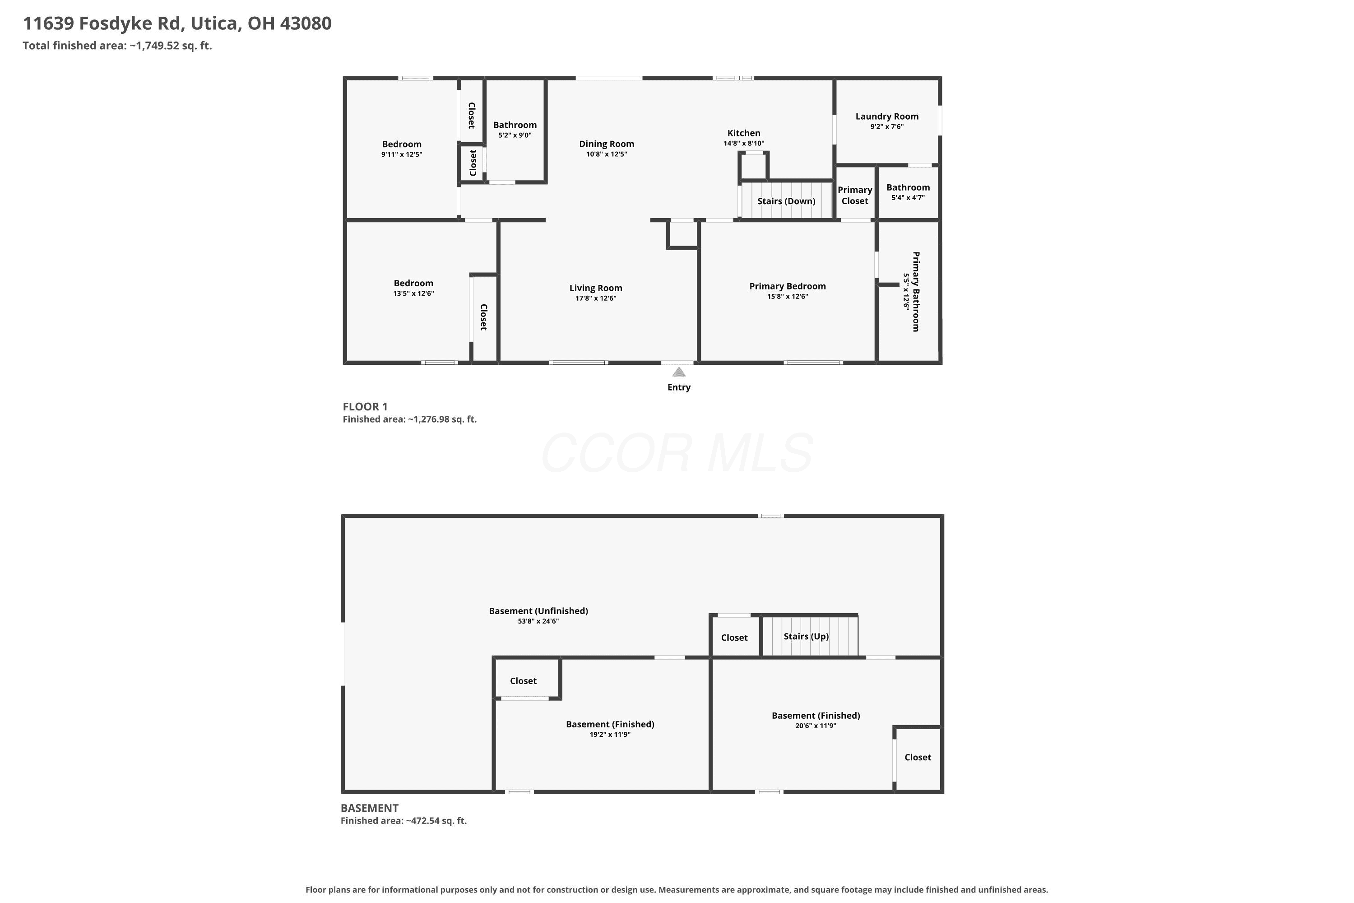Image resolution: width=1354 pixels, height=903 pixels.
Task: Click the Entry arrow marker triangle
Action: [679, 372]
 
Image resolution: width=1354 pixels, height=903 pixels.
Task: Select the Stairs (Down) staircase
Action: [786, 200]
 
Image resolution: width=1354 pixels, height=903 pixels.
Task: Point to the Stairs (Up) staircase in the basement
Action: [810, 636]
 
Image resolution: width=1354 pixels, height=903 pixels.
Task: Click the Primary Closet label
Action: [855, 195]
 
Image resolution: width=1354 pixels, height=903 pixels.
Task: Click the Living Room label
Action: [596, 288]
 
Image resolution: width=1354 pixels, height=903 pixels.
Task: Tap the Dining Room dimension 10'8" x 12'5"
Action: [607, 154]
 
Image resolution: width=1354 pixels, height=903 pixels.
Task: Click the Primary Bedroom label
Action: [788, 286]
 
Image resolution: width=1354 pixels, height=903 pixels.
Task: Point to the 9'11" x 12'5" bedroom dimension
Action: [402, 154]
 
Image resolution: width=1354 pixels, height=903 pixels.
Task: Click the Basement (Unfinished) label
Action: [538, 611]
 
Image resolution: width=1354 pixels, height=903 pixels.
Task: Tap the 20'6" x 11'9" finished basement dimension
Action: [816, 726]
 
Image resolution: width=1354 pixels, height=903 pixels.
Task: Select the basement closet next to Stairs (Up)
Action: [735, 638]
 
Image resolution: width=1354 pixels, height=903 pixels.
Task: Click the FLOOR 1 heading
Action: [365, 407]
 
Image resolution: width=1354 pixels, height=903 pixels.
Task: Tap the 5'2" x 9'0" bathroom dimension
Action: [515, 135]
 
